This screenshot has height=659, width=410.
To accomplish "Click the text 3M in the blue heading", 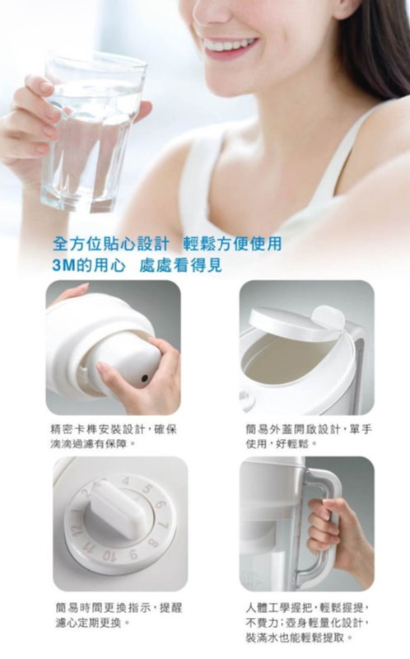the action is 63,265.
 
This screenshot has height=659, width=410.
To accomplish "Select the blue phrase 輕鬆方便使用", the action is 232,244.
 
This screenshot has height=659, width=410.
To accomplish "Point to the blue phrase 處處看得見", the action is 180,265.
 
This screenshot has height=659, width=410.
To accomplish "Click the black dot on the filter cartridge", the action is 145,379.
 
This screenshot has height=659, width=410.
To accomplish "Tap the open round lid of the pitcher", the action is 296,323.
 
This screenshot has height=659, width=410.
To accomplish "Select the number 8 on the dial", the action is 153,543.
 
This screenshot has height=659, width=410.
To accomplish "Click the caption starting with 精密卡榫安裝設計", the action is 114,437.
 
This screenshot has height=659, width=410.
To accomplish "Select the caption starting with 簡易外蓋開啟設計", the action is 309,437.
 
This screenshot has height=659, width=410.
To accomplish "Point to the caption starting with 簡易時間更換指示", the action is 119,615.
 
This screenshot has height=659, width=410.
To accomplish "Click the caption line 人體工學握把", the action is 280,608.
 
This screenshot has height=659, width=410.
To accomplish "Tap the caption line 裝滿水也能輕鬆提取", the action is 299,638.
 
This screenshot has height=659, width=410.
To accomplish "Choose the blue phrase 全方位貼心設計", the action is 111,244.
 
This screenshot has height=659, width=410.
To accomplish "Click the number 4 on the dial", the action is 126,481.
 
